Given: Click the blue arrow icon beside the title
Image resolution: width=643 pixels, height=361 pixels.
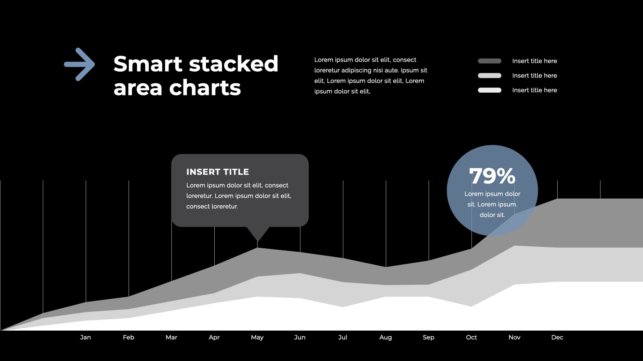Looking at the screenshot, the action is (79, 64).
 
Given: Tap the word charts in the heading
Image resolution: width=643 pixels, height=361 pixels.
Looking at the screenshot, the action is (205, 88).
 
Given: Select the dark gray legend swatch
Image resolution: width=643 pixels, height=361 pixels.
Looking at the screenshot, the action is (490, 61).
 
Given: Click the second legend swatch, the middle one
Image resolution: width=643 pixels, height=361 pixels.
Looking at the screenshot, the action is (490, 76).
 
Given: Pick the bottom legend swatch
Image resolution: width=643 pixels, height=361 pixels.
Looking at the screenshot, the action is (490, 90).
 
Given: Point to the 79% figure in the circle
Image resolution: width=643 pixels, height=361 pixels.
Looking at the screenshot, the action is (492, 176).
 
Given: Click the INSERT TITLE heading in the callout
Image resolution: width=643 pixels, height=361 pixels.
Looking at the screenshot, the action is (218, 172).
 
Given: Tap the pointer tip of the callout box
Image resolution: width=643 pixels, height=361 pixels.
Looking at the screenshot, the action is (258, 241).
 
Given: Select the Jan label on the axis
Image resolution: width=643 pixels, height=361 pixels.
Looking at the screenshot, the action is (85, 337).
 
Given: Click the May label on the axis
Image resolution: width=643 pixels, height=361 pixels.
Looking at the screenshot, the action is (257, 338).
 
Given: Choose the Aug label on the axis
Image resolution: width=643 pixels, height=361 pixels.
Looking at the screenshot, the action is (385, 338).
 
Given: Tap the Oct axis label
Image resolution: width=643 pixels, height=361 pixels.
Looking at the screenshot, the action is (471, 337).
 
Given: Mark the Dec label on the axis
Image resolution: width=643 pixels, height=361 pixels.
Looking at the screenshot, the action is (557, 337).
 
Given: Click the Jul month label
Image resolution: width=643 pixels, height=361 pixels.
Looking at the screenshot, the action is (343, 337).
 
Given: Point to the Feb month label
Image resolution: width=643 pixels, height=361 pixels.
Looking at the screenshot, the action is (129, 337).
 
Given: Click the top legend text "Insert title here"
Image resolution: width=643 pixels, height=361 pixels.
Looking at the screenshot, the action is (534, 61).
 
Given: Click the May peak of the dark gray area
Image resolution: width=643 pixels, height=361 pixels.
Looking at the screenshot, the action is (258, 248).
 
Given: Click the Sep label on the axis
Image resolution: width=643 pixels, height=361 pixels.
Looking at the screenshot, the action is (428, 338).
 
